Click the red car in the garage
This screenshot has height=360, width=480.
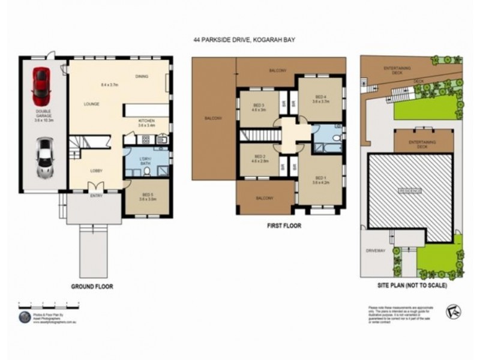coord(41,84)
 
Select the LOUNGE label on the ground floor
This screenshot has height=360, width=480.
coord(91,104)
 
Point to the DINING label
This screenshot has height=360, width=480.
coord(142,76)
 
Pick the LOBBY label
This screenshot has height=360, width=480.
coord(97,170)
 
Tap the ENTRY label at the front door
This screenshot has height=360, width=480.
coord(96,196)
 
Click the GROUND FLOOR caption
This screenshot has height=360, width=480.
coord(92,287)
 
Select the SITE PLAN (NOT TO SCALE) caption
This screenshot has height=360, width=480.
coord(413,286)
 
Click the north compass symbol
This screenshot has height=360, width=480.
coord(452,312)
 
